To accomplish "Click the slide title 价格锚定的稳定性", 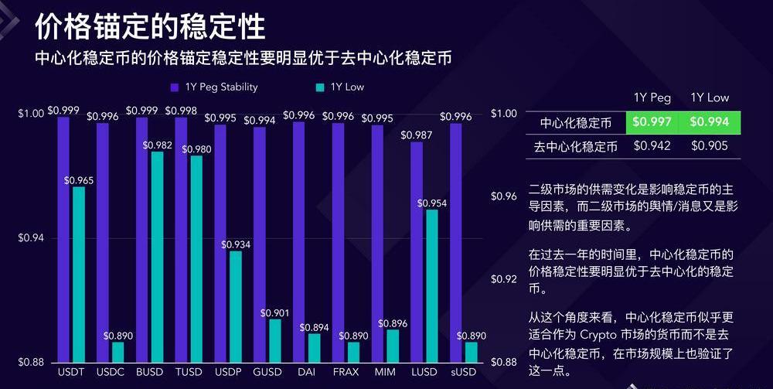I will pyautogui.click(x=150, y=26).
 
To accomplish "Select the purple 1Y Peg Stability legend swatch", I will pyautogui.click(x=174, y=87).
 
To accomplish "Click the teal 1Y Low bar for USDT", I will pyautogui.click(x=79, y=275).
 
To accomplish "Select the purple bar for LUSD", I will pyautogui.click(x=417, y=251).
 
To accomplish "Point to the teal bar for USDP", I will pyautogui.click(x=236, y=306).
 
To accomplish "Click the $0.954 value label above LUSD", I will pyautogui.click(x=432, y=203).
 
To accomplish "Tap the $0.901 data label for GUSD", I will pyautogui.click(x=275, y=312).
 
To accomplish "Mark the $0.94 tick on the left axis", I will pyautogui.click(x=32, y=238).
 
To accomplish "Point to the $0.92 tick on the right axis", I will pyautogui.click(x=503, y=279).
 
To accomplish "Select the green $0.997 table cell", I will pyautogui.click(x=652, y=122).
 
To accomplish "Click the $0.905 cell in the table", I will pyautogui.click(x=709, y=145).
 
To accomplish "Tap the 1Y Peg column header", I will pyautogui.click(x=652, y=97).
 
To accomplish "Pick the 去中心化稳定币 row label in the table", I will pyautogui.click(x=575, y=145).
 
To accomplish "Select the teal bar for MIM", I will pyautogui.click(x=393, y=346).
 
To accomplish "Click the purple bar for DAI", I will pyautogui.click(x=299, y=241).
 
